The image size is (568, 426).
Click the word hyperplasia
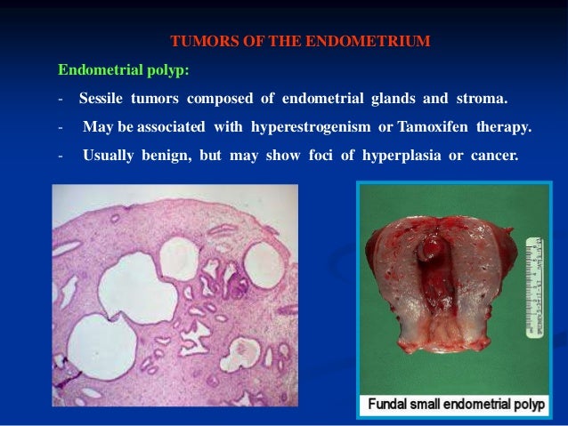pyautogui.click(x=386, y=156)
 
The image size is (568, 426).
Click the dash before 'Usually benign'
pyautogui.click(x=60, y=156)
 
